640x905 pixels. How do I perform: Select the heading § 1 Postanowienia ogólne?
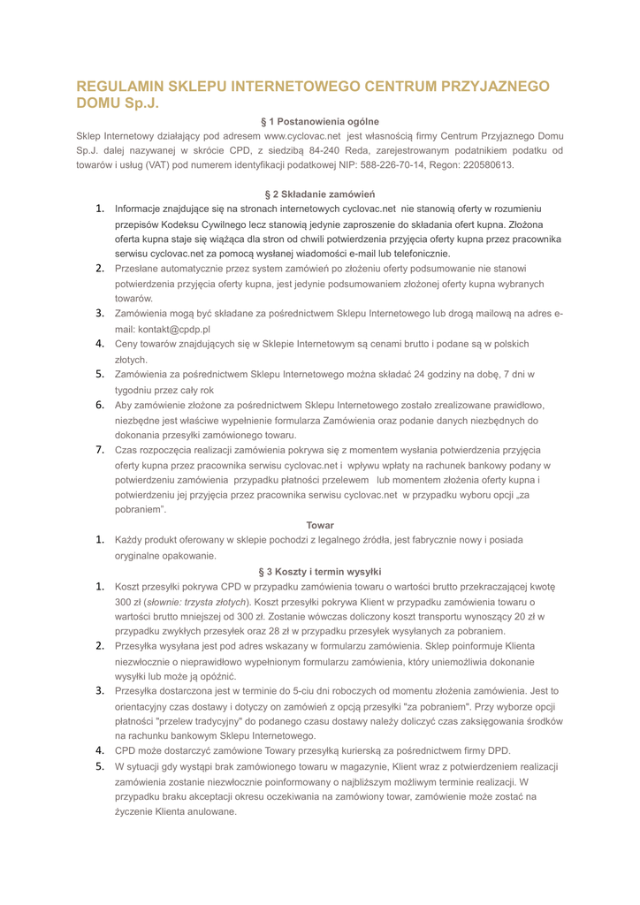click(320, 121)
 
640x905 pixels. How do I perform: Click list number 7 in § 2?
click(102, 450)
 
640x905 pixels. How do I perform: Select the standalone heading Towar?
click(320, 526)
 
